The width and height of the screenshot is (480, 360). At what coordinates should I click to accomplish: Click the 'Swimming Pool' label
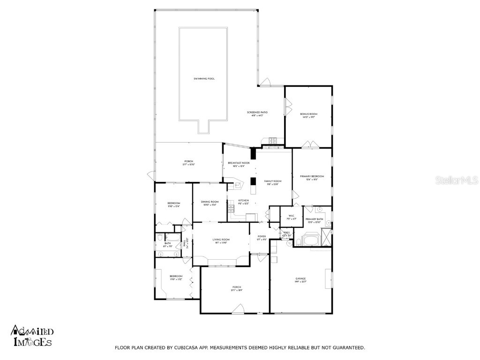click(204, 79)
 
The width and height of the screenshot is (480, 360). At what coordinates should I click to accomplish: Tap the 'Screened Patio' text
click(257, 113)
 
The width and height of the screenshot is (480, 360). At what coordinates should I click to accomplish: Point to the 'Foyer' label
click(262, 237)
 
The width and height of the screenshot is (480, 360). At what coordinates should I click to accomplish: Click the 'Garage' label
click(300, 279)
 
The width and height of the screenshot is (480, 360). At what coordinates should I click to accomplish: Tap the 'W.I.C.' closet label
click(288, 217)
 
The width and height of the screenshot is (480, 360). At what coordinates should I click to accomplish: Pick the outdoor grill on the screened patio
click(273, 141)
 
